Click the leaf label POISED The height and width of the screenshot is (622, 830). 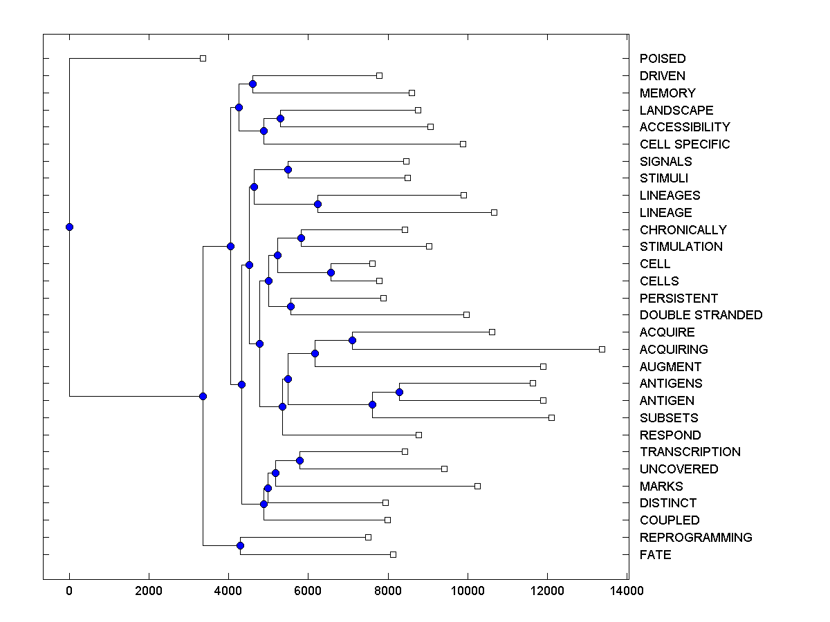[x=663, y=59]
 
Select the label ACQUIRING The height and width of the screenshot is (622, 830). [x=674, y=350]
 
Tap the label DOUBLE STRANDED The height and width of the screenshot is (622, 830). [x=701, y=315]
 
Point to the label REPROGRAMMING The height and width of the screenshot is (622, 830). [x=696, y=538]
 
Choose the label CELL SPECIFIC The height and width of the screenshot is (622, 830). [x=685, y=144]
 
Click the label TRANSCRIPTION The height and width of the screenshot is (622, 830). [x=690, y=452]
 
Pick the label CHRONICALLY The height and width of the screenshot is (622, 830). [x=683, y=230]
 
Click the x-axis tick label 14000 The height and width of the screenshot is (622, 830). [x=627, y=591]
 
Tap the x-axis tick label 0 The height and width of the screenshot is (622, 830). [x=69, y=591]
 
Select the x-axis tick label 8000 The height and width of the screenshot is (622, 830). [x=388, y=591]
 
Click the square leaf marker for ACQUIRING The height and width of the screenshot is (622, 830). [x=602, y=349]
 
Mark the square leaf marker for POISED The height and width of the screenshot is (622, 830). [x=203, y=58]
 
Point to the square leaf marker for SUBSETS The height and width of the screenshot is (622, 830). [x=551, y=417]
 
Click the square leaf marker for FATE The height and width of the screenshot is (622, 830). [x=393, y=554]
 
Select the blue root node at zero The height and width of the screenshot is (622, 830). [x=69, y=227]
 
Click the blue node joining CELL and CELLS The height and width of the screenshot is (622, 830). [x=331, y=272]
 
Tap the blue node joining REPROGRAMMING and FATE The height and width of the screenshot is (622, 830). [x=240, y=546]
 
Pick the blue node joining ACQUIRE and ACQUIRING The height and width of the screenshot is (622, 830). [x=352, y=340]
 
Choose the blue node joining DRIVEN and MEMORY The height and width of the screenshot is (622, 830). [x=252, y=84]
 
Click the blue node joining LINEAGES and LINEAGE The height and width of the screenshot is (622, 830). [x=317, y=204]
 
